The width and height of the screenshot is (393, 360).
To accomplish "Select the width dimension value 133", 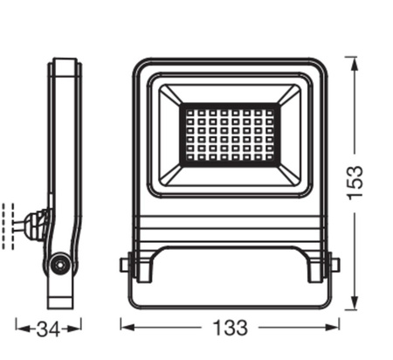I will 230,329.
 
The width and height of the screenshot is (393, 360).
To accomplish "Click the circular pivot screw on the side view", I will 59,264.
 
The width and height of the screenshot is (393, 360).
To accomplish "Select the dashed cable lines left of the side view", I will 10,225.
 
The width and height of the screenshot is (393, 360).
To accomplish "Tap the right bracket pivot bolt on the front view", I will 334,264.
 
